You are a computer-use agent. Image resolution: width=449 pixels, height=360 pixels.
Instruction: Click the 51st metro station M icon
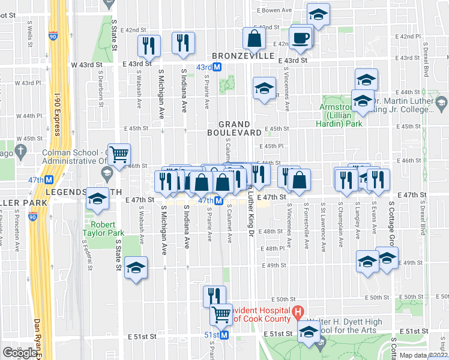click(x=224, y=335)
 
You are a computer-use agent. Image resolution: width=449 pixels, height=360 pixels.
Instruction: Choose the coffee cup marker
click(x=300, y=37)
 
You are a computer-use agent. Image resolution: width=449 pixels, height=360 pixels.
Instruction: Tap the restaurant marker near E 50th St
click(x=214, y=295)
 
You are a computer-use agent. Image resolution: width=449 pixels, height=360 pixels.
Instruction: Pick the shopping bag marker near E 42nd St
click(x=255, y=39)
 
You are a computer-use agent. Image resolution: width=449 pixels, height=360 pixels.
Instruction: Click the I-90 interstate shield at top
click(x=53, y=37)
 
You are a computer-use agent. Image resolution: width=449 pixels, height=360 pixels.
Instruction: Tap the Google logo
click(x=20, y=353)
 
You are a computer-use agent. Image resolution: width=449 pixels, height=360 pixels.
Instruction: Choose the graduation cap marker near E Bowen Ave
click(x=318, y=13)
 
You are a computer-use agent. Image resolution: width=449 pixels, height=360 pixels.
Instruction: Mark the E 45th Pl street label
click(x=271, y=146)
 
